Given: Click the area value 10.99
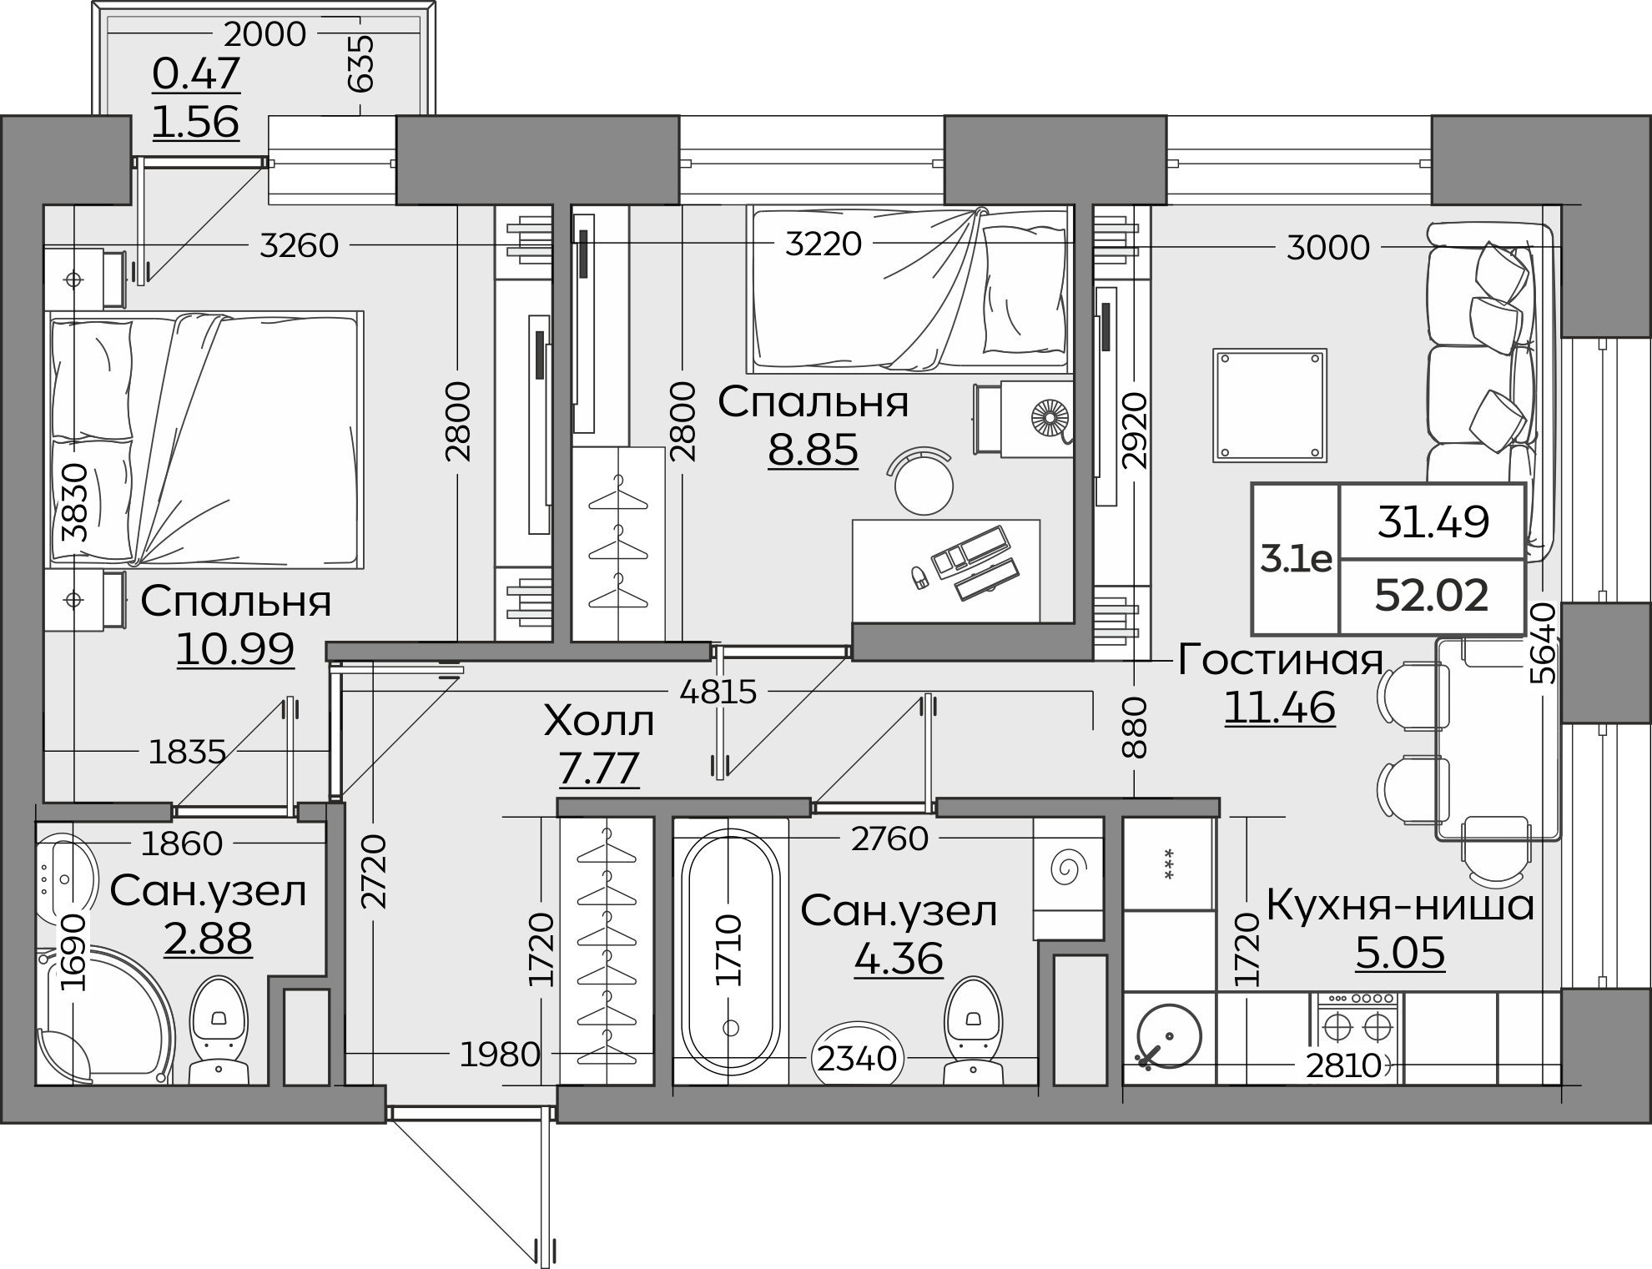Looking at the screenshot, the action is coord(235,649).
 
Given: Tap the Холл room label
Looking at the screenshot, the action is coord(599,722).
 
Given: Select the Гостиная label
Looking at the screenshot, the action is coord(1281,661).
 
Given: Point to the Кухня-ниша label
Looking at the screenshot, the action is coord(1400,905).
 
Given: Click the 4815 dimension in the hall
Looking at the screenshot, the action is coord(718,692).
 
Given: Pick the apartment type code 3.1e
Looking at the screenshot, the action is coord(1296,559).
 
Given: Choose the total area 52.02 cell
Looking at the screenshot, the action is coord(1432,596).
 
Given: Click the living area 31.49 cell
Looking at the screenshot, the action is coord(1432,521).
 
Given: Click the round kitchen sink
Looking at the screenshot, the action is coord(1169,1036).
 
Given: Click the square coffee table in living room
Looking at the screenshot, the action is coord(1270,405).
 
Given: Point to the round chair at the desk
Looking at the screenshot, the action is coord(924,482).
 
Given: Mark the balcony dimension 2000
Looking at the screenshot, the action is coord(264,34).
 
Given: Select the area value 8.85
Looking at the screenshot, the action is coord(813,450).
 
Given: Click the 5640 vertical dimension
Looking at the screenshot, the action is coord(1544,643).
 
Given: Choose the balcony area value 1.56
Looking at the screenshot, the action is coord(196,122).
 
